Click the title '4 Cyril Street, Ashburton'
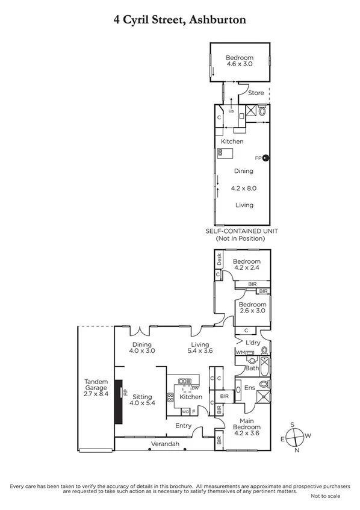(x=180, y=20)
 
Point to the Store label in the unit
(x=256, y=93)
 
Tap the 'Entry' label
(x=183, y=426)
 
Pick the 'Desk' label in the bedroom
(x=219, y=261)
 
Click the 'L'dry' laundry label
(x=253, y=343)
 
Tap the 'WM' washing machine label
(x=239, y=352)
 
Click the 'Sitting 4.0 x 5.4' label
(x=143, y=399)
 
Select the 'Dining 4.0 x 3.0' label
(x=143, y=347)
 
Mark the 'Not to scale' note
(x=325, y=496)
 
